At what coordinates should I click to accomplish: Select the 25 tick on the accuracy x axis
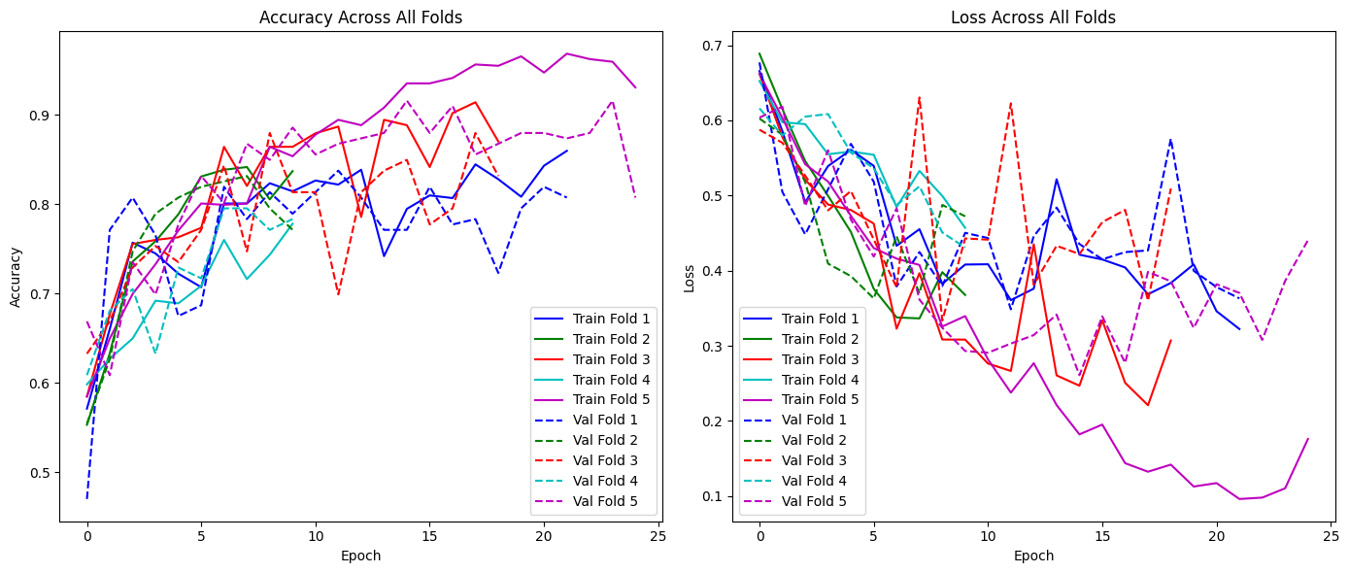click(658, 537)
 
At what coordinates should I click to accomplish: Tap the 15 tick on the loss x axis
click(1102, 537)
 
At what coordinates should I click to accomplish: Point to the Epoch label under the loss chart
click(1032, 556)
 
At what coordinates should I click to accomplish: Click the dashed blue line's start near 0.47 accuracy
click(87, 498)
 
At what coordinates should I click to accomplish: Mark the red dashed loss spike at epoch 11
click(1011, 102)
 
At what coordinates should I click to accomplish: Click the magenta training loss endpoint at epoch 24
click(1307, 439)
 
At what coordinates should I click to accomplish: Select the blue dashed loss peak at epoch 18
click(1171, 140)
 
